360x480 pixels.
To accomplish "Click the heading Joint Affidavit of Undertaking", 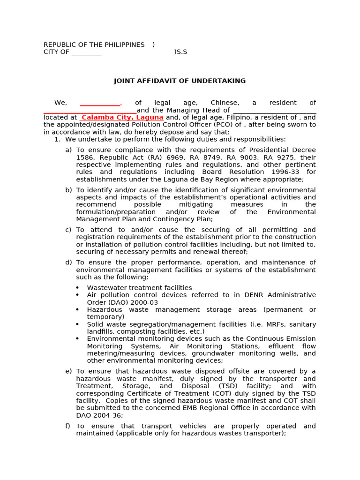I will tap(180, 81).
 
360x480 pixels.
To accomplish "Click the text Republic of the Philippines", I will tap(94, 45).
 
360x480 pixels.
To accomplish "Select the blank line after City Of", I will tap(86, 52).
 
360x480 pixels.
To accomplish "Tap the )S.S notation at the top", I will tap(180, 52).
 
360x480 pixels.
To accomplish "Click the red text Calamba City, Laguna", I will tap(122, 117).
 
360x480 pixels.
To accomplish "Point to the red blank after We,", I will tap(100, 103).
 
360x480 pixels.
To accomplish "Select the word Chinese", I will tap(225, 103).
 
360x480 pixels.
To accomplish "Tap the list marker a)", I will tap(68, 150).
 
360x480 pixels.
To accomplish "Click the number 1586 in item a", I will tap(84, 157).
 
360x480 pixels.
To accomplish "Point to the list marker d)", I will tap(68, 262).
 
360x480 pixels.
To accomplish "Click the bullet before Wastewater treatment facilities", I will tap(77, 288).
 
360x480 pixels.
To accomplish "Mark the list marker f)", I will tap(68, 426).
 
